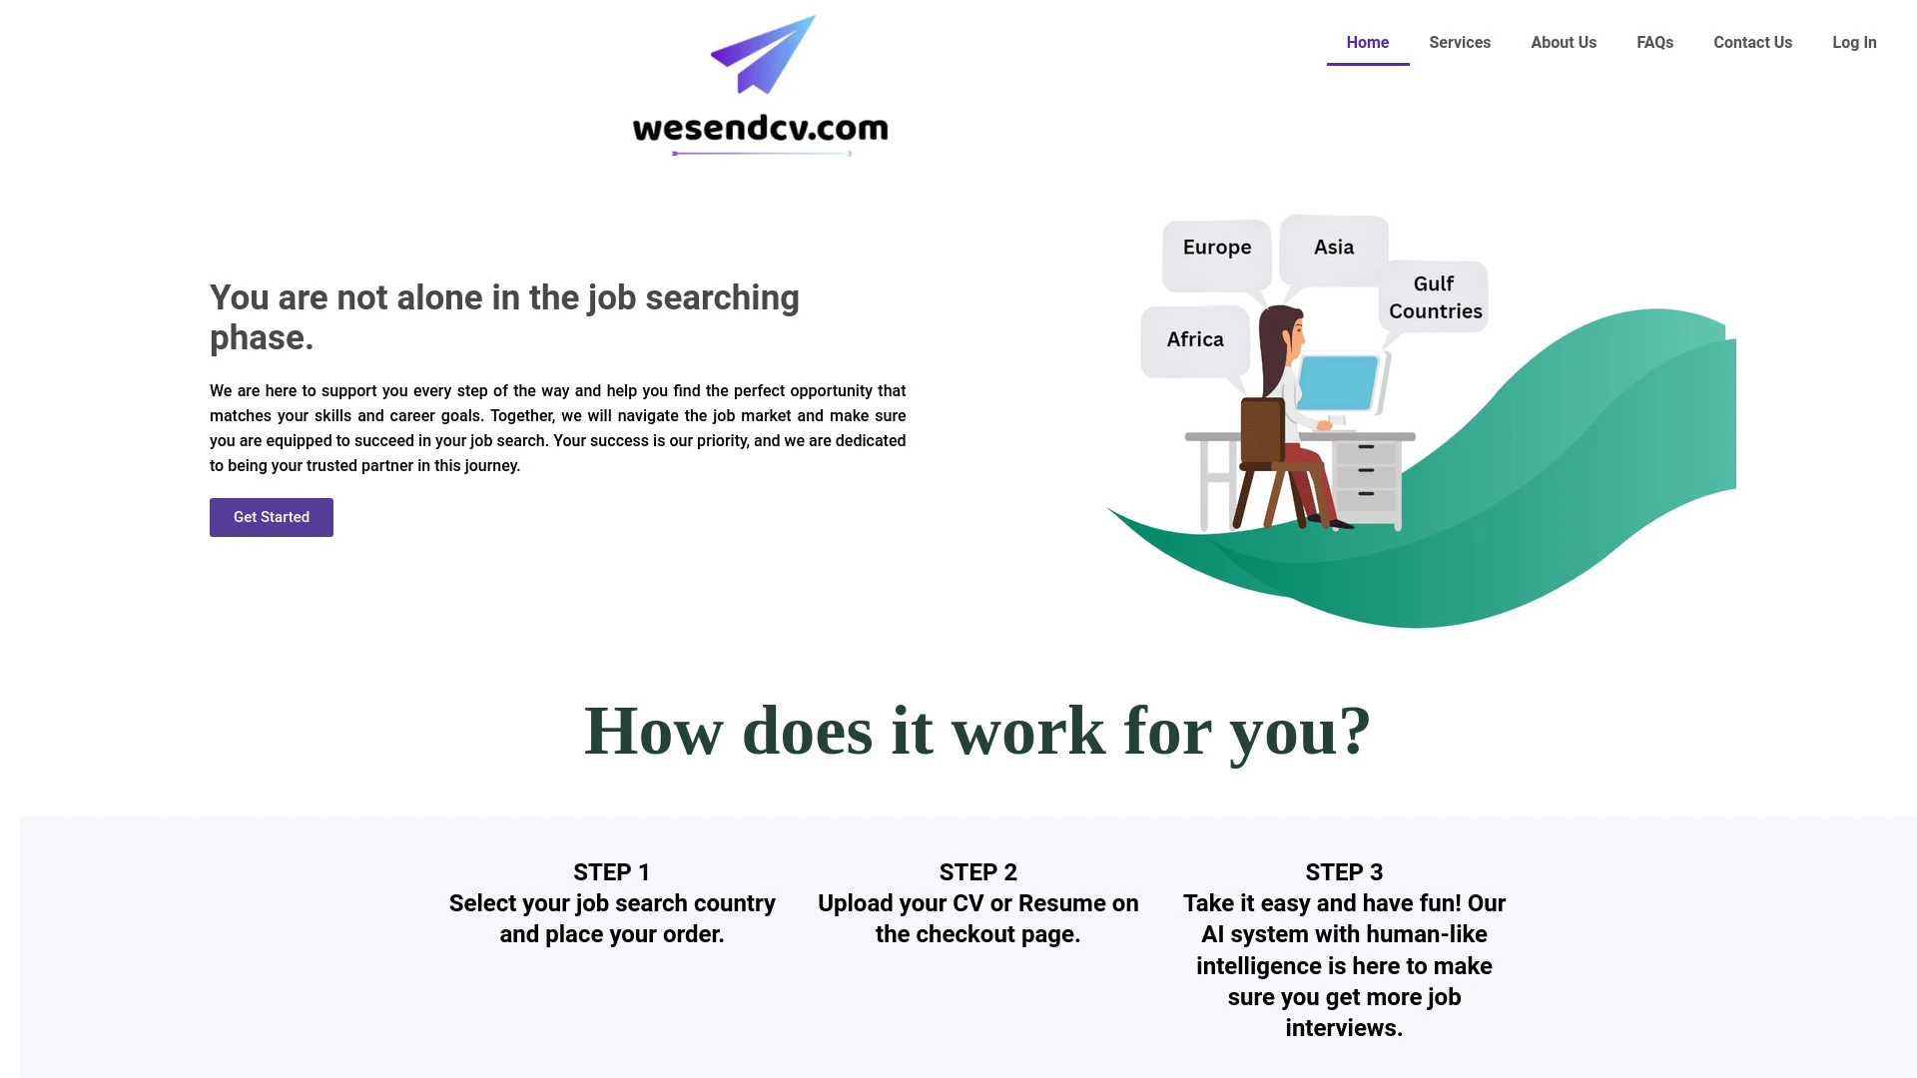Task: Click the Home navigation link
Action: (x=1367, y=42)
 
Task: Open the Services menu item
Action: (x=1459, y=42)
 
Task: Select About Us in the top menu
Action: (x=1563, y=42)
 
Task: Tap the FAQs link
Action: (x=1654, y=42)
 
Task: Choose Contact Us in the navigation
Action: (x=1752, y=42)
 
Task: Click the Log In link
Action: (x=1853, y=42)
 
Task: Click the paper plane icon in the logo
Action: (x=765, y=56)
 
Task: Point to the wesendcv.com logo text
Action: (x=760, y=129)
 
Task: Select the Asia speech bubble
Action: (x=1333, y=248)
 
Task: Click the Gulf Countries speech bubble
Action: (x=1435, y=297)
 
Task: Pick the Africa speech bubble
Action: (x=1194, y=339)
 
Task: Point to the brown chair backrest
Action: (x=1261, y=430)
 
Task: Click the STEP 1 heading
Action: (x=611, y=871)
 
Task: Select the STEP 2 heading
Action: (x=977, y=871)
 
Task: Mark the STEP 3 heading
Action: (x=1343, y=871)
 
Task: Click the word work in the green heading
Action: (x=1027, y=732)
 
